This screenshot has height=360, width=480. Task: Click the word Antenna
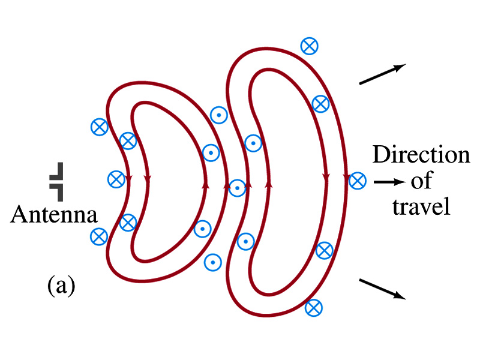click(x=55, y=214)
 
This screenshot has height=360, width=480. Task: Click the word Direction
click(x=421, y=155)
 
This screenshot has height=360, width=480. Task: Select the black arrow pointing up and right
click(x=383, y=74)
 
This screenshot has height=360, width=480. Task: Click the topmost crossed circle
click(x=309, y=45)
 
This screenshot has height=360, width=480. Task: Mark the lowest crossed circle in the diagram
click(x=313, y=308)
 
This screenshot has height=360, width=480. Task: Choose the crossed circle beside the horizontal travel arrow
click(x=358, y=179)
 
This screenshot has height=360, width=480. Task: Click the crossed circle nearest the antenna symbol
click(x=116, y=179)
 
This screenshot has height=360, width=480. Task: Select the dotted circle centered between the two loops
click(x=238, y=188)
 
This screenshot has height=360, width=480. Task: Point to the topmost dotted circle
click(x=218, y=115)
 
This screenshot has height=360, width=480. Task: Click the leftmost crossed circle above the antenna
click(x=98, y=127)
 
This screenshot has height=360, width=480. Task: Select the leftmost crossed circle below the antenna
click(x=98, y=236)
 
